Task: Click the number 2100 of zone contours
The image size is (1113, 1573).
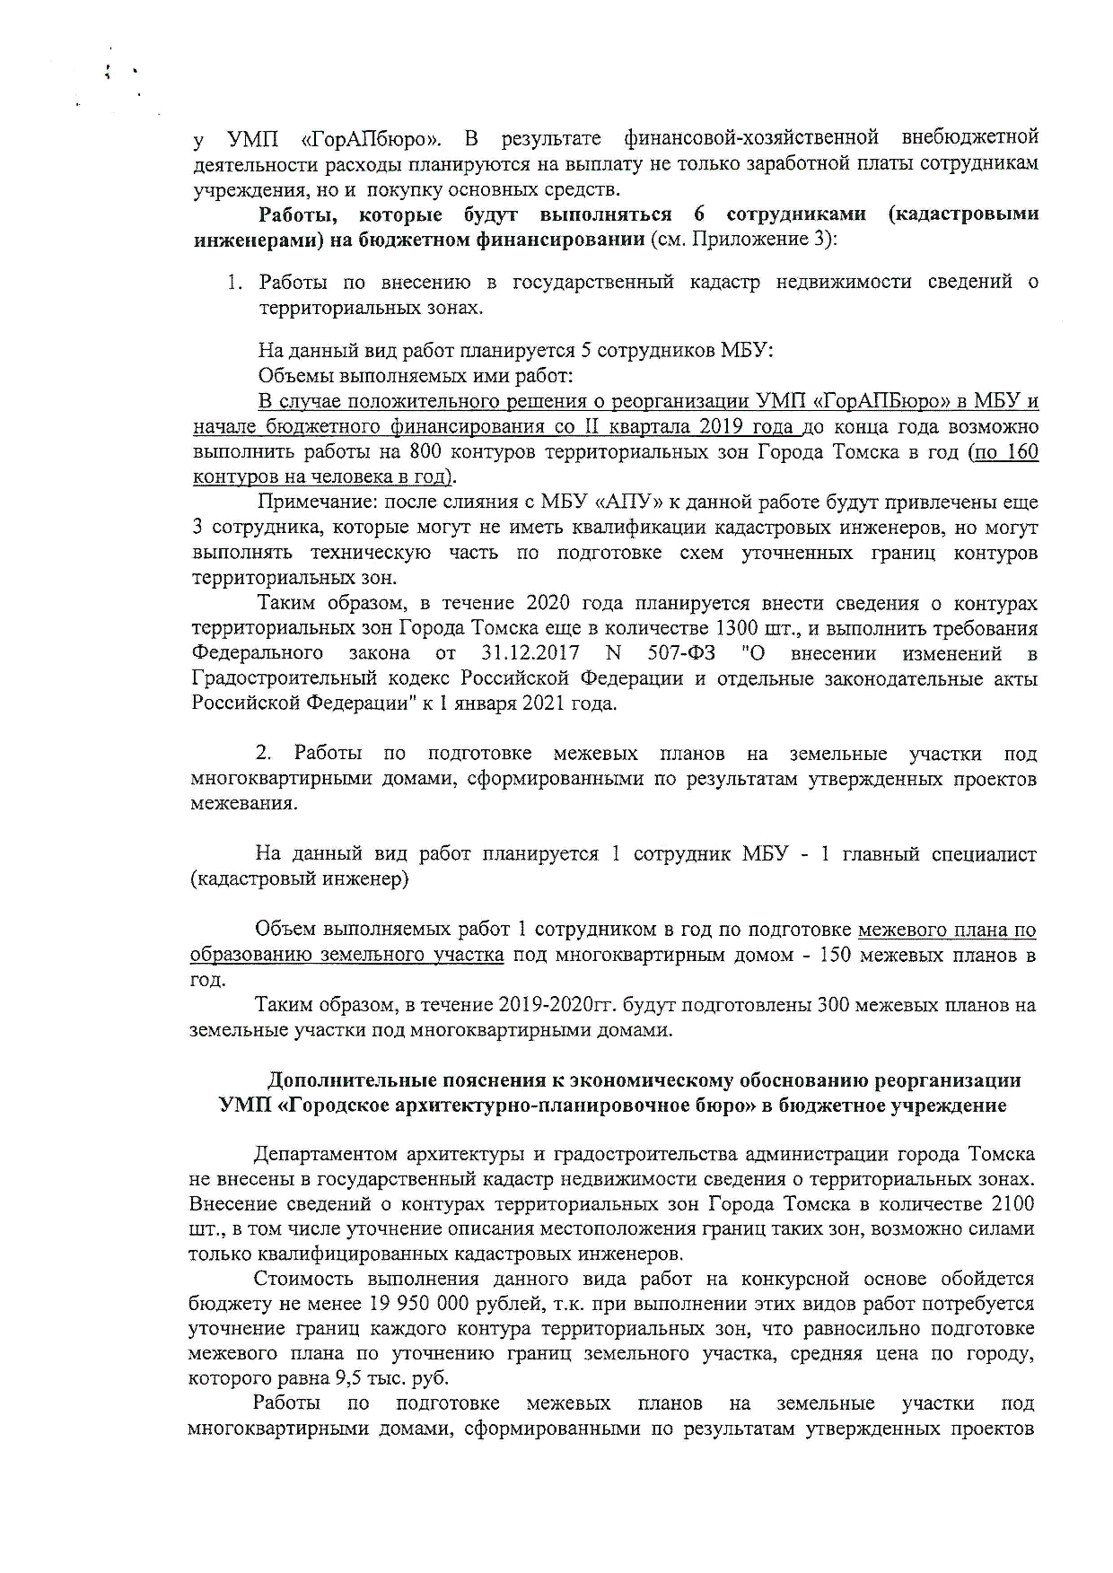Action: pyautogui.click(x=1013, y=1203)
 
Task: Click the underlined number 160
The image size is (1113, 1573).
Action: pyautogui.click(x=1021, y=451)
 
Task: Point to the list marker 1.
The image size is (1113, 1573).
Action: pyautogui.click(x=233, y=283)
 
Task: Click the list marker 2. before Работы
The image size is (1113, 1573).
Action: pyautogui.click(x=264, y=754)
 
